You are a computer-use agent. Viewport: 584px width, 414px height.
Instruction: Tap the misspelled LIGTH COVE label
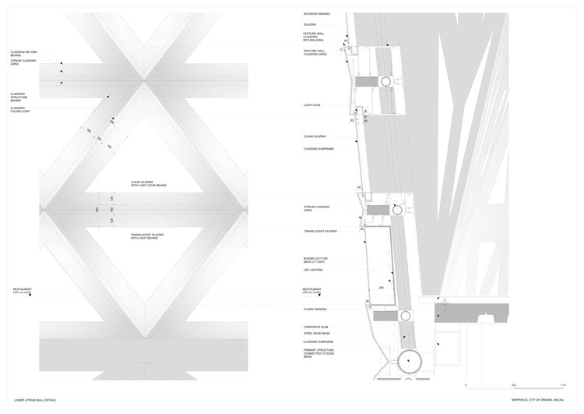(311, 105)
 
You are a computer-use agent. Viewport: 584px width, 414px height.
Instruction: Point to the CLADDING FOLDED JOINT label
(18, 111)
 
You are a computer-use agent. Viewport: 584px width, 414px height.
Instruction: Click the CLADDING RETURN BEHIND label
(21, 54)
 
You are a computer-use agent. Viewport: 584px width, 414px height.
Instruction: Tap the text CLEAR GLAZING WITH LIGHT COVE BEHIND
(149, 185)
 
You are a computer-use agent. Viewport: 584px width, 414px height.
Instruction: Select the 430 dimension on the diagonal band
(111, 122)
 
